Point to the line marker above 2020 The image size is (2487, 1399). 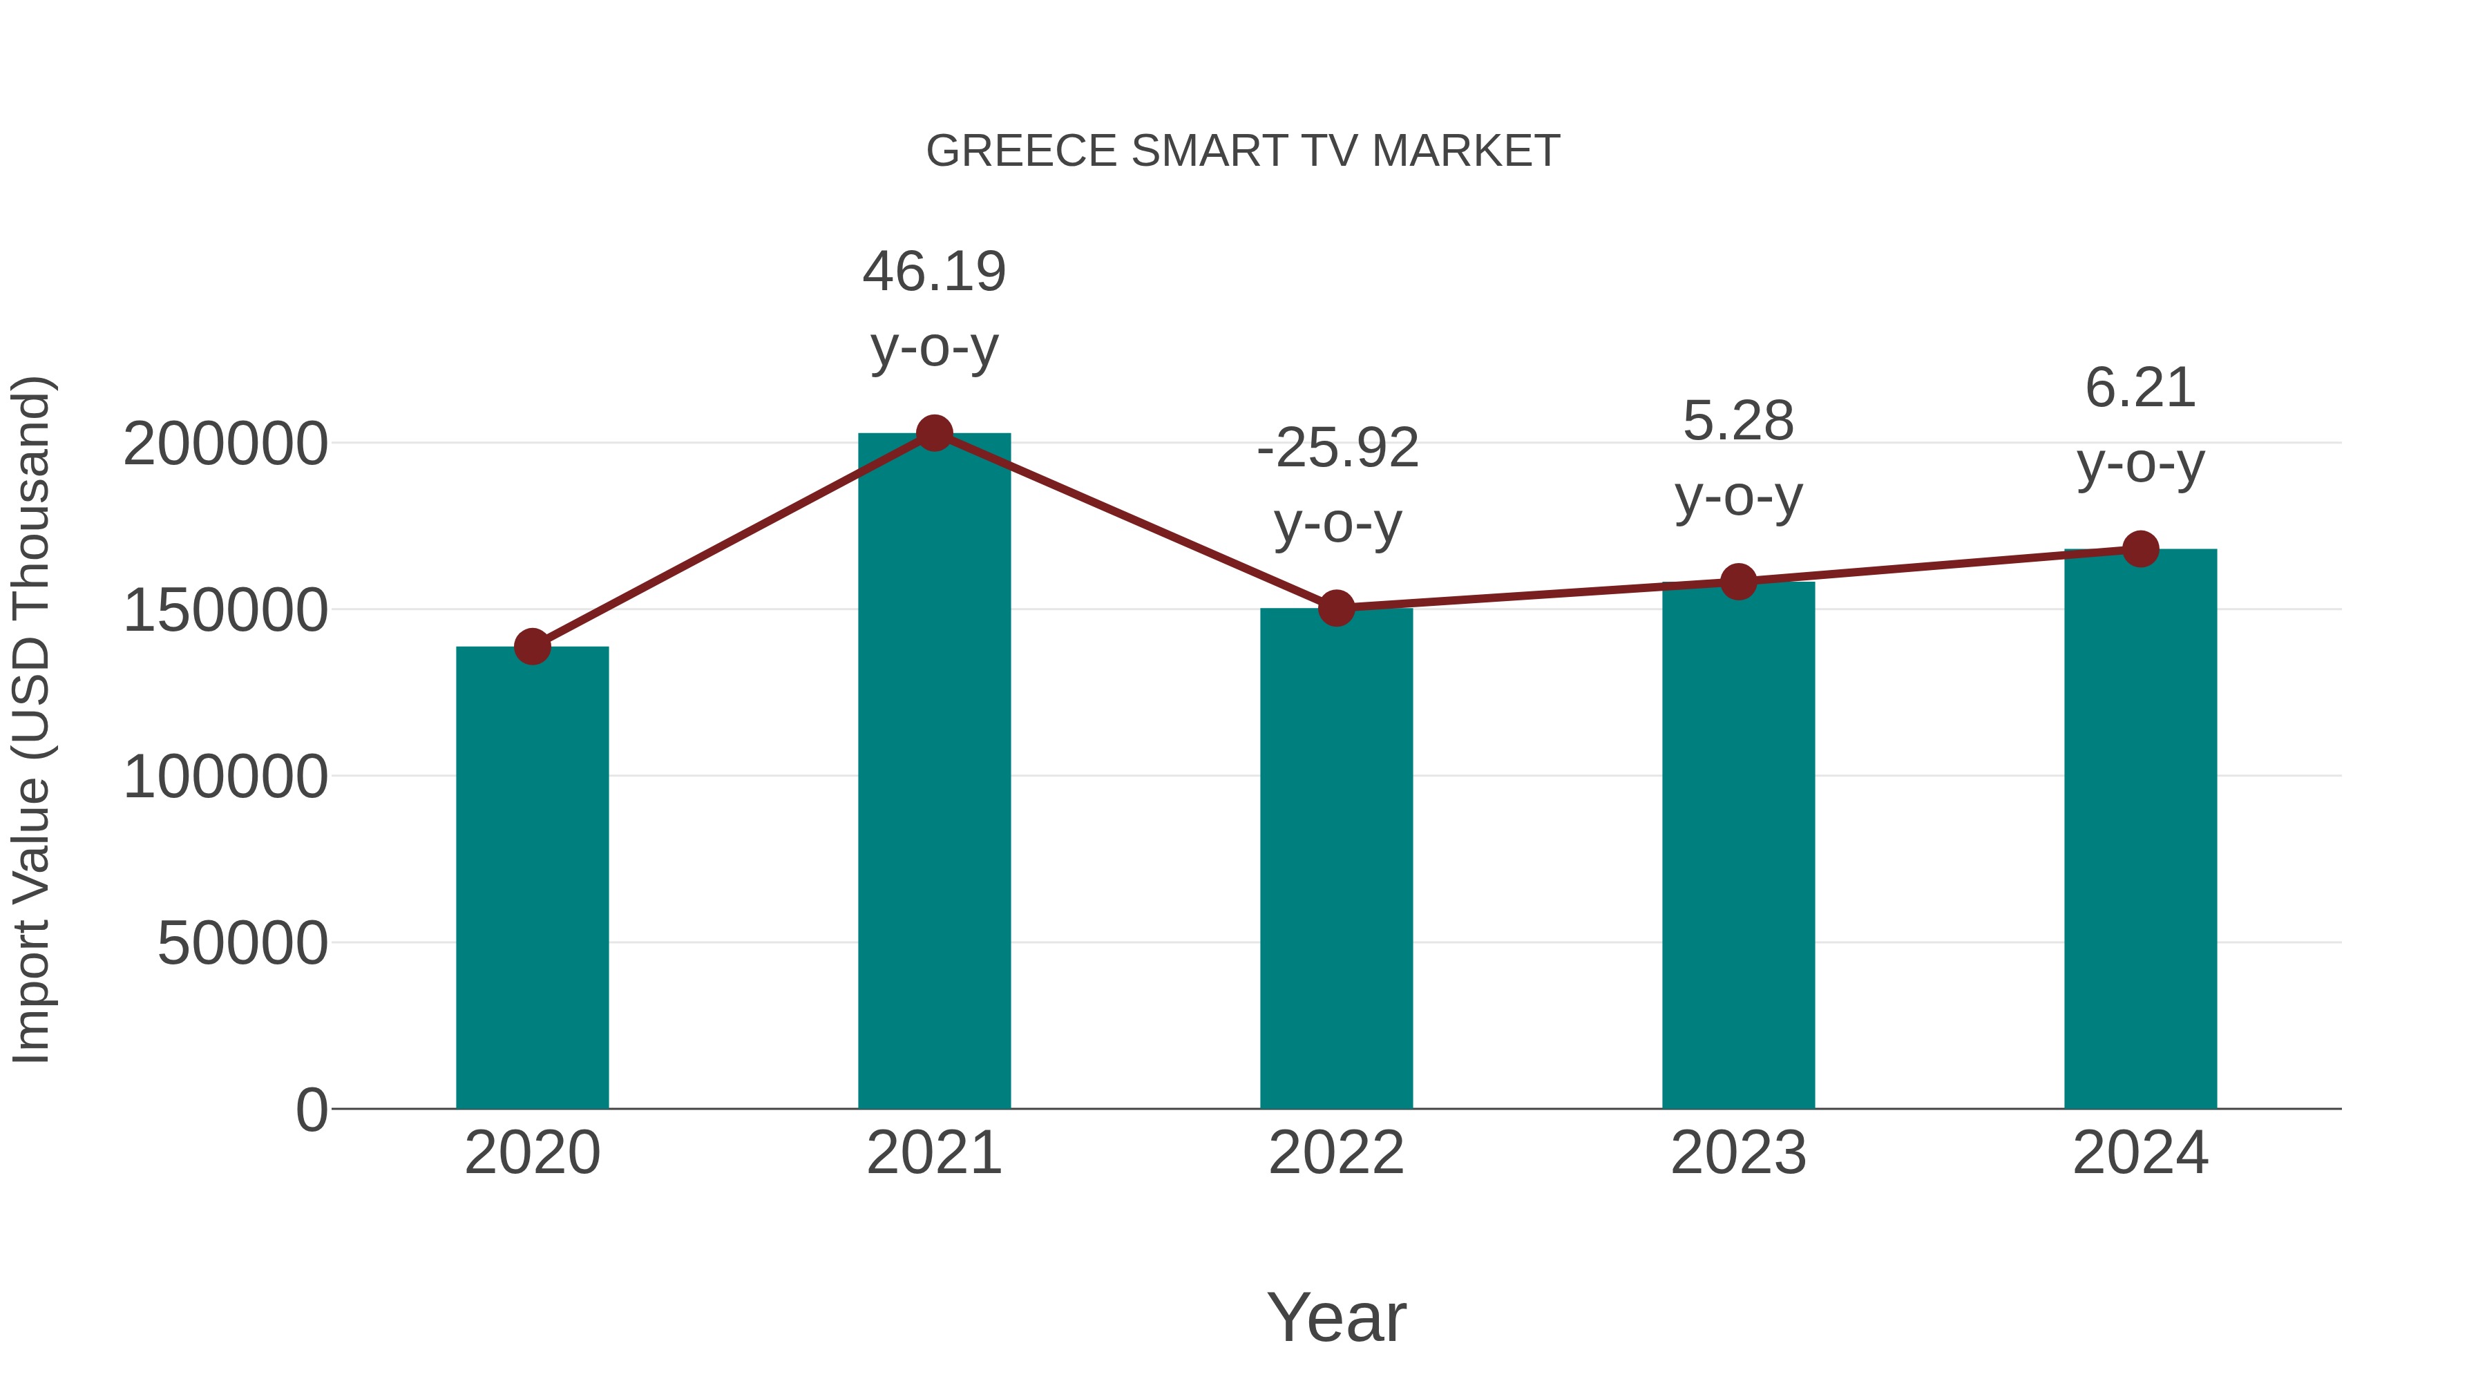click(x=532, y=647)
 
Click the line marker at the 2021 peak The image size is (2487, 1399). click(x=933, y=433)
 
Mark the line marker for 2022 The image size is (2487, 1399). click(x=1335, y=608)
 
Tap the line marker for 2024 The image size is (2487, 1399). click(x=2140, y=549)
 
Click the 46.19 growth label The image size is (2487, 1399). click(x=933, y=272)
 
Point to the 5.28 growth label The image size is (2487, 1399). click(x=1738, y=422)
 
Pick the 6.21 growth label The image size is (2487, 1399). click(x=2140, y=389)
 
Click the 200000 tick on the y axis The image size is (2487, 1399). click(x=225, y=445)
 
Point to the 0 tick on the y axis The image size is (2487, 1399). click(x=311, y=1110)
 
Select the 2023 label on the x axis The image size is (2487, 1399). click(x=1738, y=1154)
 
